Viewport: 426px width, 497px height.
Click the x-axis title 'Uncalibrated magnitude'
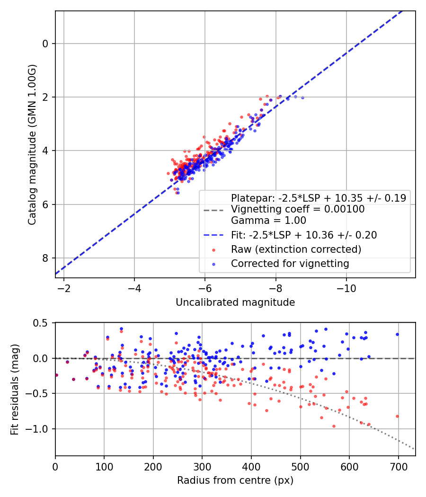click(x=235, y=302)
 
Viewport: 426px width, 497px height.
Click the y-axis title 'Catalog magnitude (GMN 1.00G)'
click(x=32, y=144)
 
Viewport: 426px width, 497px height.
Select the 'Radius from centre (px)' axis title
click(x=235, y=480)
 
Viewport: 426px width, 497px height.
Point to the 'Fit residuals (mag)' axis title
click(x=14, y=389)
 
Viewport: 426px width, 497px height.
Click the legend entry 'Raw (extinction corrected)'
click(x=296, y=249)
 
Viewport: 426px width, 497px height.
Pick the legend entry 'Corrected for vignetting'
click(x=290, y=264)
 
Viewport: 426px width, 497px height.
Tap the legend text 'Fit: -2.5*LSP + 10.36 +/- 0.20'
click(x=304, y=235)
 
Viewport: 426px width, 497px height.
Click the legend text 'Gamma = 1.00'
click(x=268, y=220)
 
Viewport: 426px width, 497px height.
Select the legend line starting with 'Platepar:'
click(x=318, y=198)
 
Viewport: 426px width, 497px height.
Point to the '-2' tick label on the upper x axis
click(x=63, y=288)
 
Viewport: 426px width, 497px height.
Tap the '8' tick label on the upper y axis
click(x=45, y=258)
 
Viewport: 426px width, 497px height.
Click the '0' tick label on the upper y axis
click(x=45, y=44)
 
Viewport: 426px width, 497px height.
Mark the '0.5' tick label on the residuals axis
click(x=41, y=323)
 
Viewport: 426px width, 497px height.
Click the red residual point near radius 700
click(x=397, y=416)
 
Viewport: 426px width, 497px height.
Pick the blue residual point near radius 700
click(x=397, y=334)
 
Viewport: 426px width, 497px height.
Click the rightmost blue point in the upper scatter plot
click(x=302, y=98)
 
